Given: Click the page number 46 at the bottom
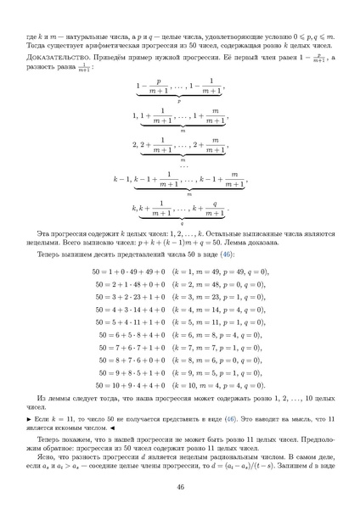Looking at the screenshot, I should [180, 486].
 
